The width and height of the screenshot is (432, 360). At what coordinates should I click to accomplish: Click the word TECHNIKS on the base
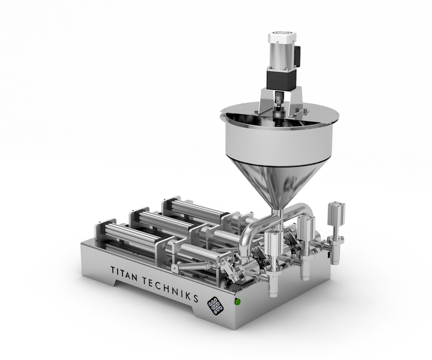point(170,289)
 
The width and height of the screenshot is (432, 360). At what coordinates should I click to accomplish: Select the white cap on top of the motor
point(283,37)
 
